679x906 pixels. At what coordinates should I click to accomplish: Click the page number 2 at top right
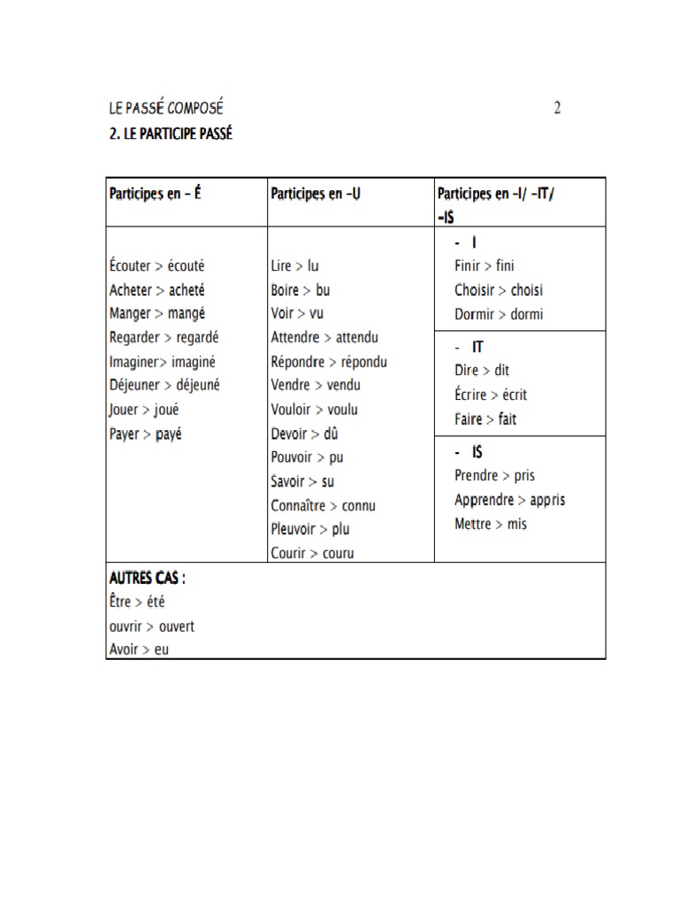tap(557, 108)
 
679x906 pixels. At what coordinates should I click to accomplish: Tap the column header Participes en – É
tap(155, 193)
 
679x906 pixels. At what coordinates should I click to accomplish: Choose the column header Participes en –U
tap(316, 193)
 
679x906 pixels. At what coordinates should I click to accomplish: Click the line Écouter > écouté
tap(162, 265)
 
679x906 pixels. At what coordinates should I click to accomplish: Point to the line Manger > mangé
tap(157, 313)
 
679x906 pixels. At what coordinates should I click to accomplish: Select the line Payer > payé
tap(145, 434)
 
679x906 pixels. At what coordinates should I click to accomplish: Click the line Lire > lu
tap(294, 265)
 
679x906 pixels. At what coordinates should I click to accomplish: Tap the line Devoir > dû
tap(305, 434)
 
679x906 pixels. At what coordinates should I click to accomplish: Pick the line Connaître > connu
tap(324, 506)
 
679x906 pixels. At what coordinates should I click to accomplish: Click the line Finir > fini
tap(484, 265)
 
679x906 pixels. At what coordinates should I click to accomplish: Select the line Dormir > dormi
tap(499, 313)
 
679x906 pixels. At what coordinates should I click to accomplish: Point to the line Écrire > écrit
tap(491, 395)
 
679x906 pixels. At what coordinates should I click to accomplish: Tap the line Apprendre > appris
tap(509, 500)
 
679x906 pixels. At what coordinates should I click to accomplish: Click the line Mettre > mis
tap(491, 524)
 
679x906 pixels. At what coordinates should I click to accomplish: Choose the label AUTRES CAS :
tap(148, 578)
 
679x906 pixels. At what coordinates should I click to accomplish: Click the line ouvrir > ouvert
tap(152, 626)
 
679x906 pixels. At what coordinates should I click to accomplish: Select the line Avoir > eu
tap(139, 650)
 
